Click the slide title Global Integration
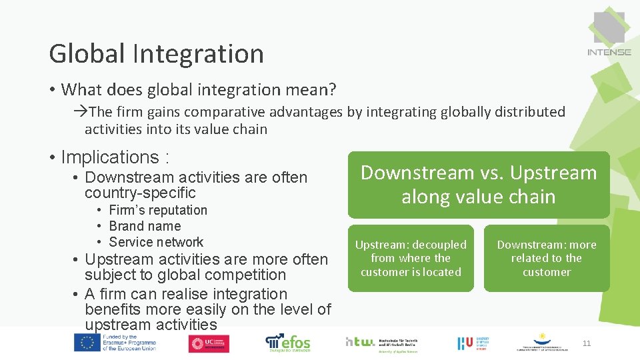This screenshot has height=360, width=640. [x=156, y=54]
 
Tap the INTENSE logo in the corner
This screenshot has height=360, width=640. [x=609, y=33]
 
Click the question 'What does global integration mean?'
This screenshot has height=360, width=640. [x=199, y=89]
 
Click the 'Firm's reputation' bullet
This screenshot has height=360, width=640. [x=158, y=210]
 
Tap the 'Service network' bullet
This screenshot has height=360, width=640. [x=156, y=242]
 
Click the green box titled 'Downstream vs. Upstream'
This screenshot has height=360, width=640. [x=478, y=185]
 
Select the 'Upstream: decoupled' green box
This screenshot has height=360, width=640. [x=411, y=258]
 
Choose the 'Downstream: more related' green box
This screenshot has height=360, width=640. [x=547, y=258]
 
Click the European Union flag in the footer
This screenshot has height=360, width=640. [x=87, y=343]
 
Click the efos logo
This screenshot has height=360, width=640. [x=288, y=341]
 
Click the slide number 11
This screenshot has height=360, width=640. [x=587, y=343]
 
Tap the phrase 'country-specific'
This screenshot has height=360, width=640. [x=140, y=193]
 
